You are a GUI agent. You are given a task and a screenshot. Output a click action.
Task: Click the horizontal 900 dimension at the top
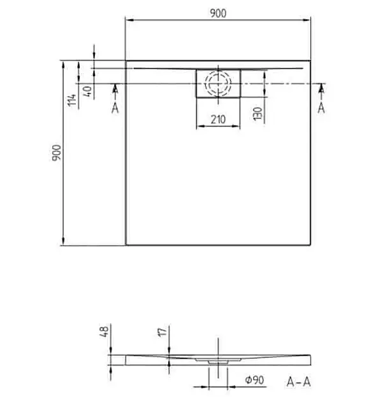(x=218, y=13)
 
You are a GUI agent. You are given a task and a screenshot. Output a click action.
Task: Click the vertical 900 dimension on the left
(x=57, y=153)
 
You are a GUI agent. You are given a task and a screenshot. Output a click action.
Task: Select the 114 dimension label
(x=72, y=100)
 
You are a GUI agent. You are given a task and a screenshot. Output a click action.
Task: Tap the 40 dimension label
(x=87, y=91)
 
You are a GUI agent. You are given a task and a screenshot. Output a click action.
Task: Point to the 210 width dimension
(x=218, y=120)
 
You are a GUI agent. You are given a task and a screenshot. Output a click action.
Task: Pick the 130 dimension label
(x=258, y=113)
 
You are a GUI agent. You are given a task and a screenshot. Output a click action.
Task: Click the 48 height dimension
(x=105, y=331)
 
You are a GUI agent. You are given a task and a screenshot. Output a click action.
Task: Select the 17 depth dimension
(x=162, y=332)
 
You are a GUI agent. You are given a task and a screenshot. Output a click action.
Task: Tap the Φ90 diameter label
(x=254, y=380)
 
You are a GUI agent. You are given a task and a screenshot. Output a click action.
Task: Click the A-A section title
(x=299, y=382)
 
